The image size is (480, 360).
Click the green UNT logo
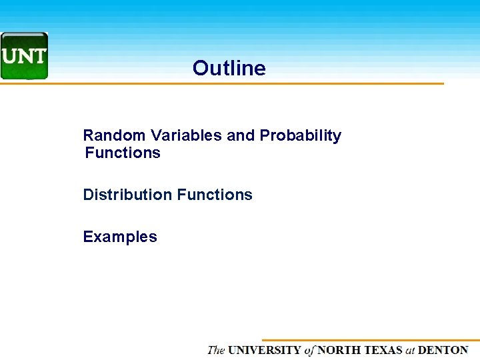click(24, 56)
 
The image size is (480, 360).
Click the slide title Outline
click(229, 68)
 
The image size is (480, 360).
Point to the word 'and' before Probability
click(241, 135)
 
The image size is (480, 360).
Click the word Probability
click(300, 135)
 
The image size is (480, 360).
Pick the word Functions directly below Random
click(123, 153)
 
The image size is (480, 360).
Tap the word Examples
click(120, 237)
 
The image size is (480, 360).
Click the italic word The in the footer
click(216, 350)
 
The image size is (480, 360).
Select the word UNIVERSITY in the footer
click(265, 350)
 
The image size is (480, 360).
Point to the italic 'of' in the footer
click(309, 350)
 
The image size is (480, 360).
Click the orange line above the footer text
click(370, 340)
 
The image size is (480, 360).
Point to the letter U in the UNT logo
click(10, 56)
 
